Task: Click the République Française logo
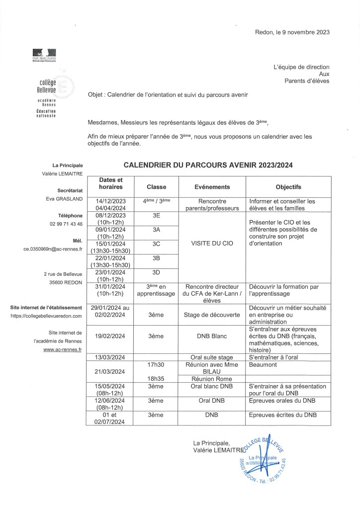tap(44, 55)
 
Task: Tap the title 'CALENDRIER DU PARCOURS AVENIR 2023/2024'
tap(208, 166)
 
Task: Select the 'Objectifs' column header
tap(288, 187)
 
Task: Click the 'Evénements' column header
tap(212, 187)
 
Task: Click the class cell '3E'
tap(156, 216)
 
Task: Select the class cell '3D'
tap(156, 272)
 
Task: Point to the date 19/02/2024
tap(113, 336)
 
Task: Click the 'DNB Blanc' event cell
tap(212, 336)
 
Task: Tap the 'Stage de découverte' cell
tap(212, 315)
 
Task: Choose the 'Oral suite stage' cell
tap(212, 357)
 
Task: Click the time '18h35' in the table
tap(156, 378)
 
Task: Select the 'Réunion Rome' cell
tap(212, 378)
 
